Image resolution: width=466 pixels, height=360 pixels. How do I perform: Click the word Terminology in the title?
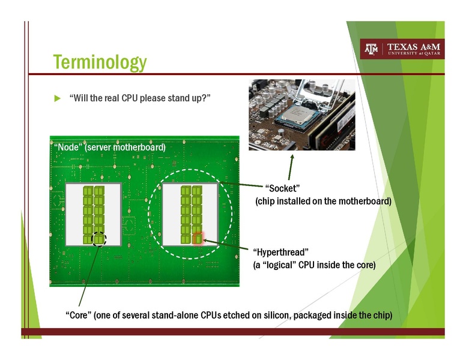(x=99, y=62)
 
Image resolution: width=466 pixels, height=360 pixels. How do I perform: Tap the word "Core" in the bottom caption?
(x=77, y=315)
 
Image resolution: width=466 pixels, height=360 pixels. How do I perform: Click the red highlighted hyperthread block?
(x=197, y=238)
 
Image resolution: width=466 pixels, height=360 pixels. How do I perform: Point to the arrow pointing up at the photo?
(x=291, y=165)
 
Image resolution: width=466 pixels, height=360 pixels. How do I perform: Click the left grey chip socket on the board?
(x=93, y=213)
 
